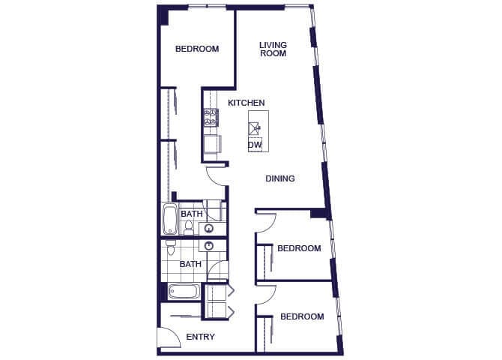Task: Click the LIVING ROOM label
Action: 273,49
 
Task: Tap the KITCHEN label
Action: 247,103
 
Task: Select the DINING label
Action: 280,178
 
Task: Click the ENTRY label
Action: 201,337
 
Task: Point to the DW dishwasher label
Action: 255,145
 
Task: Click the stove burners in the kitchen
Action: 211,116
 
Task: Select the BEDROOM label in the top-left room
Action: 197,49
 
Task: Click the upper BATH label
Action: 190,214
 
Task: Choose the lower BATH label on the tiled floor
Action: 190,264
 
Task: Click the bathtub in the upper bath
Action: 170,220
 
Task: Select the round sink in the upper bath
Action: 209,229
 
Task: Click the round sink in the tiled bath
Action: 209,245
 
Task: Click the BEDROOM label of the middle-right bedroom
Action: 299,248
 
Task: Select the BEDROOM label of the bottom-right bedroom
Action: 302,316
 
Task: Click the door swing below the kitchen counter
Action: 216,175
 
